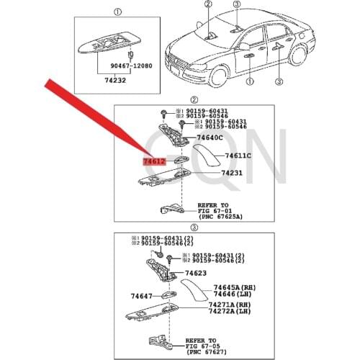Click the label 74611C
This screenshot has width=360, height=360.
(x=238, y=156)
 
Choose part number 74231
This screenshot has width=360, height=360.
(x=231, y=173)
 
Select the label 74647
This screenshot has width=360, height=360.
(x=141, y=296)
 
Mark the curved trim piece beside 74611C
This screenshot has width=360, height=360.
(x=208, y=154)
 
